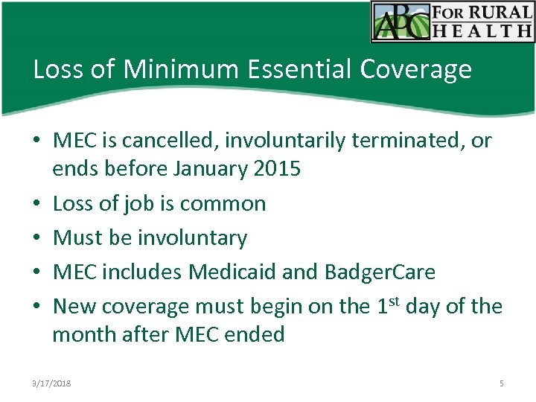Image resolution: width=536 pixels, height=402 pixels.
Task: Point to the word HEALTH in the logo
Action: point(492,31)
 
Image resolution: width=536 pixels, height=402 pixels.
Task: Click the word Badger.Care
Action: point(380,272)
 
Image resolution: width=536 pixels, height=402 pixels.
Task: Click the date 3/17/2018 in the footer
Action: point(51,383)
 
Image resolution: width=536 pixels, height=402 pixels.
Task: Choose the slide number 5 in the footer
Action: point(501,383)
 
